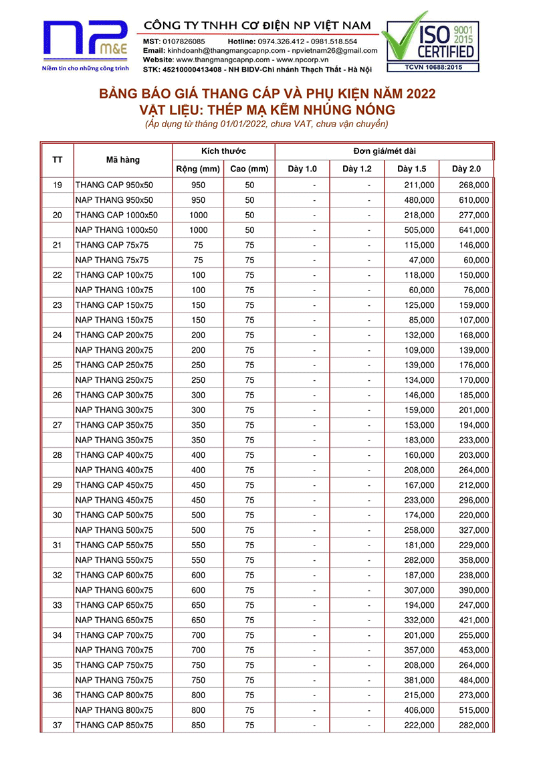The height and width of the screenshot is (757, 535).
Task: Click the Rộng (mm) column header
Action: [198, 169]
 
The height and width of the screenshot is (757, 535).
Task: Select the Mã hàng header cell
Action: [122, 159]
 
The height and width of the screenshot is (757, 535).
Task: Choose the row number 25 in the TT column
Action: [58, 365]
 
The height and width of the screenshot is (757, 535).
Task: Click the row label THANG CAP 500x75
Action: [114, 515]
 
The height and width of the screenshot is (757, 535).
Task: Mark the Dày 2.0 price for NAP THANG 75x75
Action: [476, 260]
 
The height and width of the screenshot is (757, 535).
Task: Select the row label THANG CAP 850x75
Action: [114, 725]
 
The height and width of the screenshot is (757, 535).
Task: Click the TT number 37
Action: [58, 725]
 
